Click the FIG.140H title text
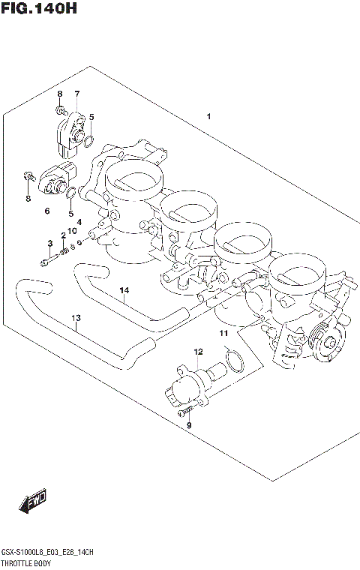click(38, 10)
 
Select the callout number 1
click(208, 116)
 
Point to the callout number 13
click(75, 318)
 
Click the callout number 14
click(124, 290)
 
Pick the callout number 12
click(198, 352)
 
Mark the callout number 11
click(223, 332)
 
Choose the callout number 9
click(189, 425)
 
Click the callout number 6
click(46, 211)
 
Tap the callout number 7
click(76, 94)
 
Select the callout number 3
click(50, 244)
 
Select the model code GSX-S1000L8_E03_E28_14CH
click(46, 552)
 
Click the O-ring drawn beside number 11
click(235, 361)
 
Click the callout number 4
click(79, 222)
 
